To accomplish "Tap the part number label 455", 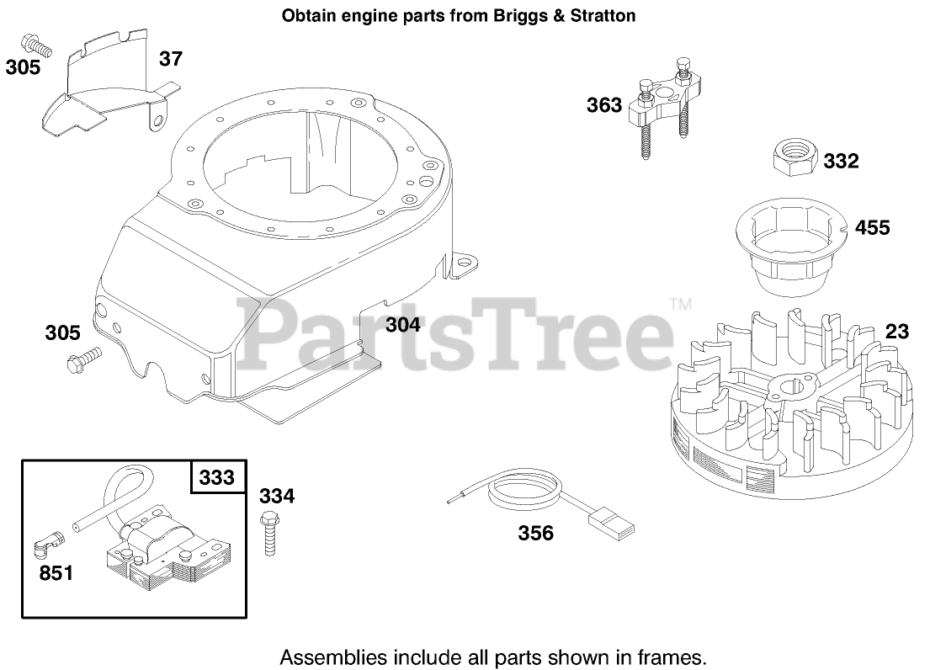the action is [872, 227].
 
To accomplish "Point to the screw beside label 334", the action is [270, 532].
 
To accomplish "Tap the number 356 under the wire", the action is [536, 533].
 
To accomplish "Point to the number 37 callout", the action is [171, 59].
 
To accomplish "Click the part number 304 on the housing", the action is [402, 324].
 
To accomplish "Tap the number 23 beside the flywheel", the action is [897, 332].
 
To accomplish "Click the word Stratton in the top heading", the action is [606, 15].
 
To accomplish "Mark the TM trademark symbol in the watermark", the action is [679, 304].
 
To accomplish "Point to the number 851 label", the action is [56, 574].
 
